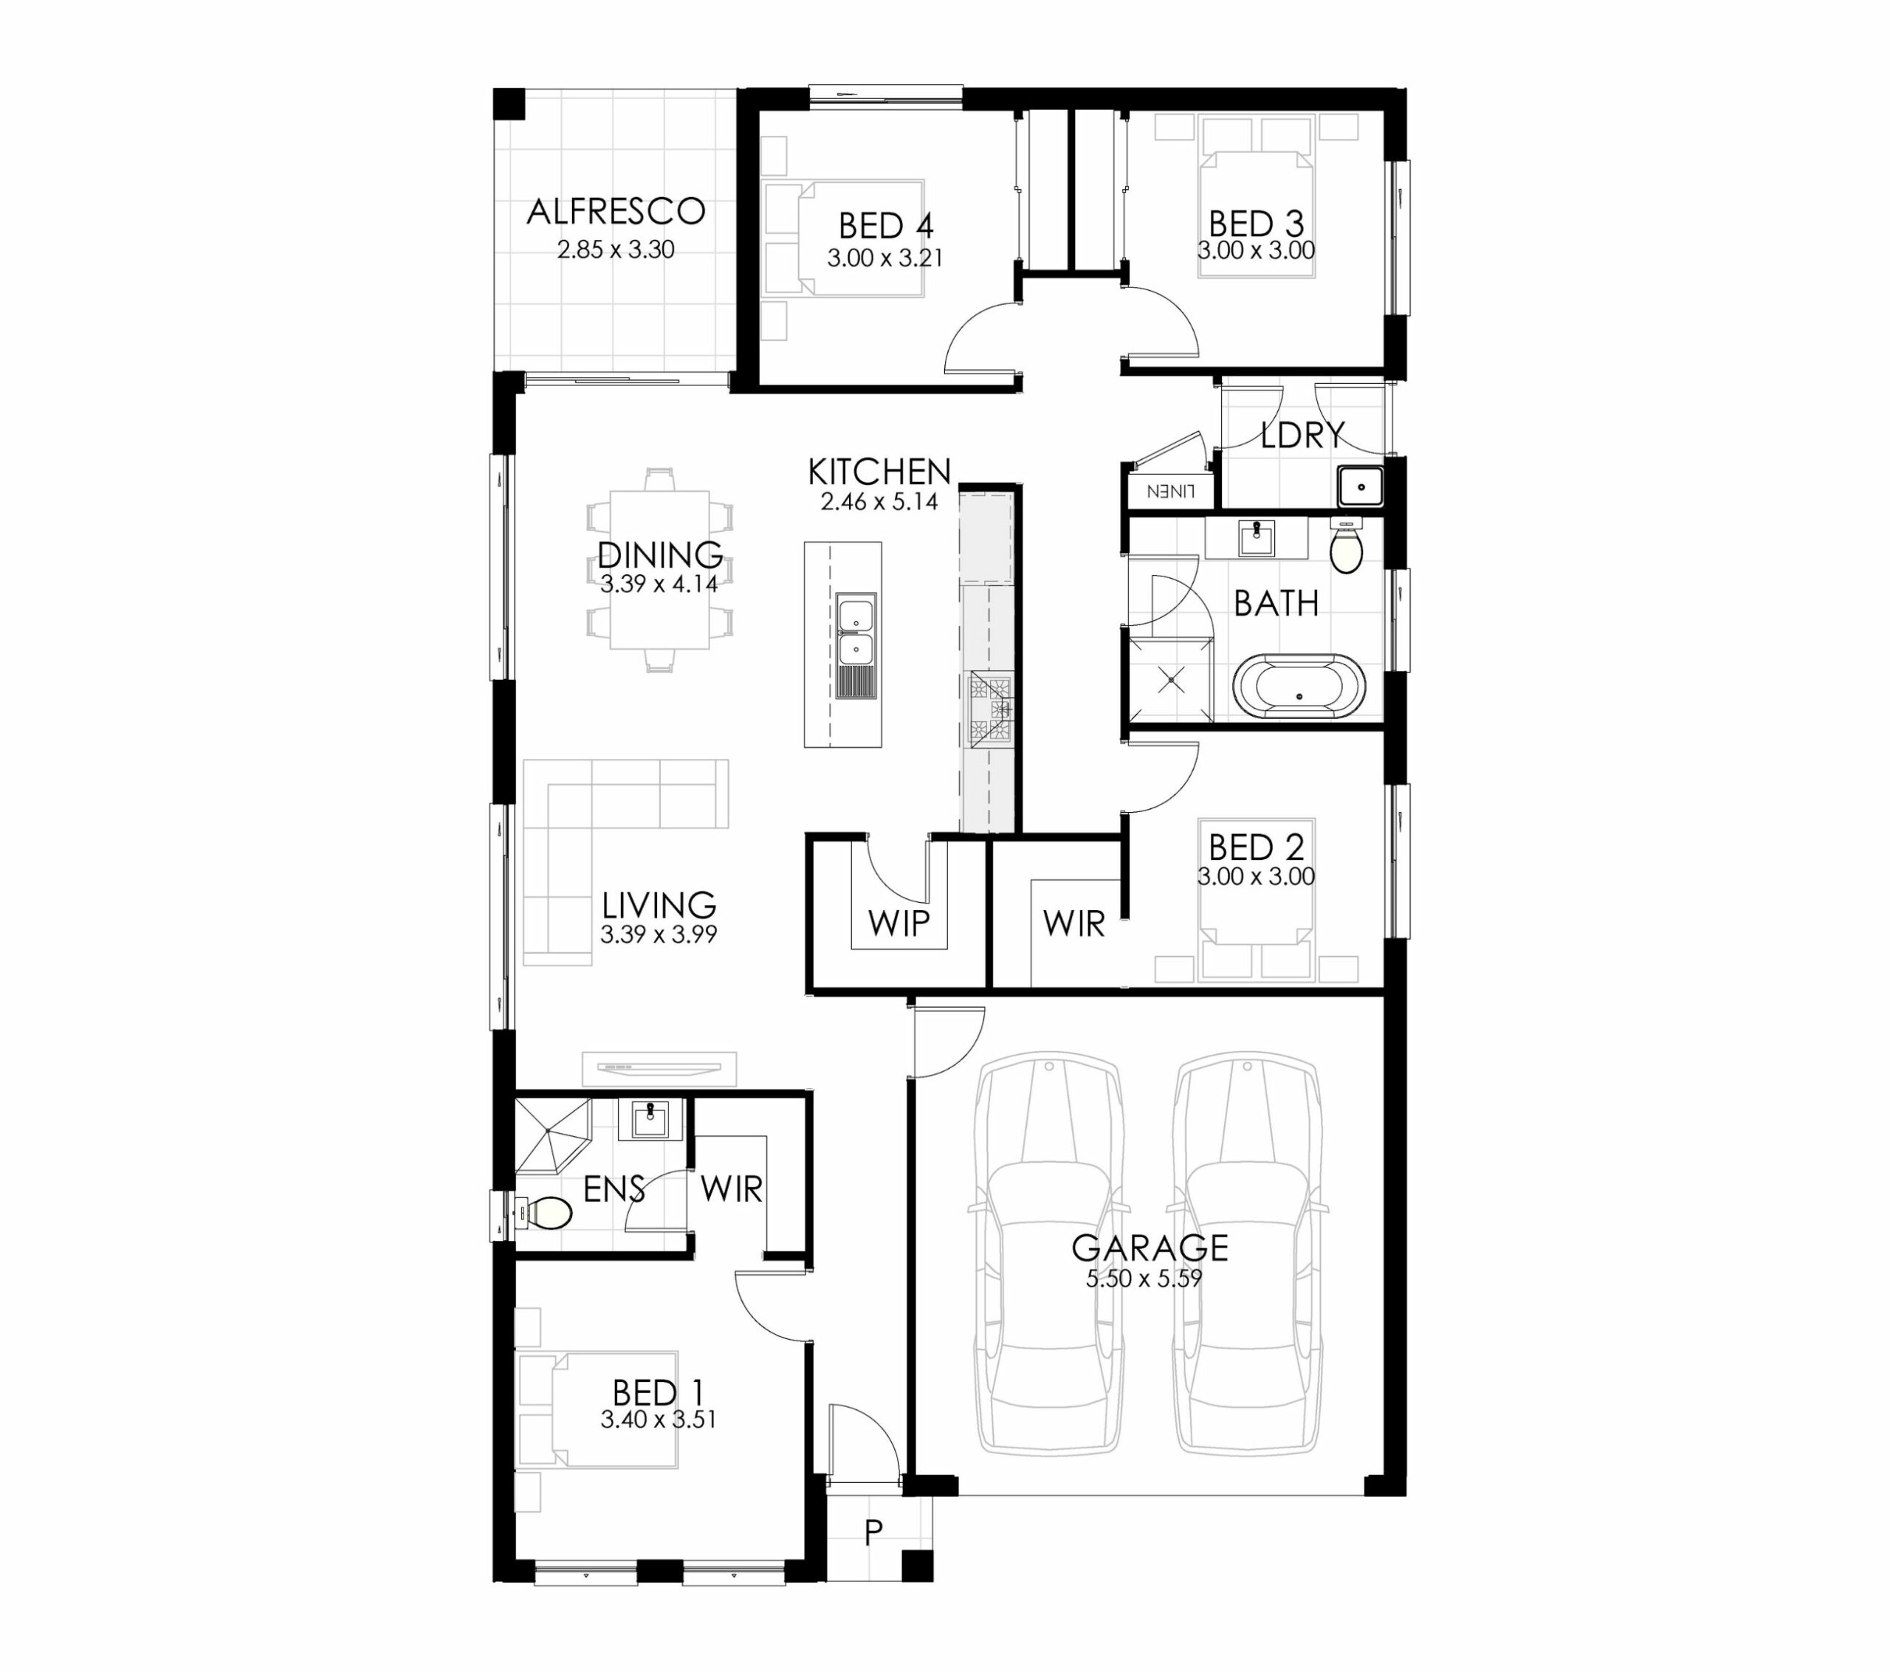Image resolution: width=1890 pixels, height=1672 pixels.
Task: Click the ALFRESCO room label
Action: pos(616,212)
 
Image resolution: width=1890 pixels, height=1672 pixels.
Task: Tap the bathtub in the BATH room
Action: pos(1298,687)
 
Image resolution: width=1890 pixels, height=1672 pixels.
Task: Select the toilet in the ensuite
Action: pos(545,1212)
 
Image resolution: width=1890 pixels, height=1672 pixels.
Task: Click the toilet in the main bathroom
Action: pos(1347,546)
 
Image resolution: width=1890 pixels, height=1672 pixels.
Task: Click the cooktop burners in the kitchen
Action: pos(990,709)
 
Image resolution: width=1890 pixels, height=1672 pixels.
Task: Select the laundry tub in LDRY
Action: pos(1360,486)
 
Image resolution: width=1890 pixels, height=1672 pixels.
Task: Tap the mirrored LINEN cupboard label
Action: pos(1172,492)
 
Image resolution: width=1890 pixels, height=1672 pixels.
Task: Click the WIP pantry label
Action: pos(898,922)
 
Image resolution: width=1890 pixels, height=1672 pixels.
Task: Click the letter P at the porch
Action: pos(873,1532)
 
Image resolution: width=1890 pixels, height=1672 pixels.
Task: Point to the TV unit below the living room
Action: pos(659,1068)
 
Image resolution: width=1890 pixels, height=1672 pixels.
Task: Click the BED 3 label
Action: pos(1256,224)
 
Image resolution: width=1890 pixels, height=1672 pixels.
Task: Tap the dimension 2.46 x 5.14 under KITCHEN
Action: pos(879,502)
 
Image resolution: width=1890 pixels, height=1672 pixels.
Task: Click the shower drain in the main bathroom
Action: pos(1172,681)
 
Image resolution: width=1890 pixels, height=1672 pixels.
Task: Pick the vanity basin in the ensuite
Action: pos(651,1119)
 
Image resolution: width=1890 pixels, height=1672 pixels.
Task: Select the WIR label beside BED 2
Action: pos(1073,923)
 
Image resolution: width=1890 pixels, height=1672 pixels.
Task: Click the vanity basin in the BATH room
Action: pos(1257,537)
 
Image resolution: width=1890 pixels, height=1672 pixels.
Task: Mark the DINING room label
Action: pos(660,555)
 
